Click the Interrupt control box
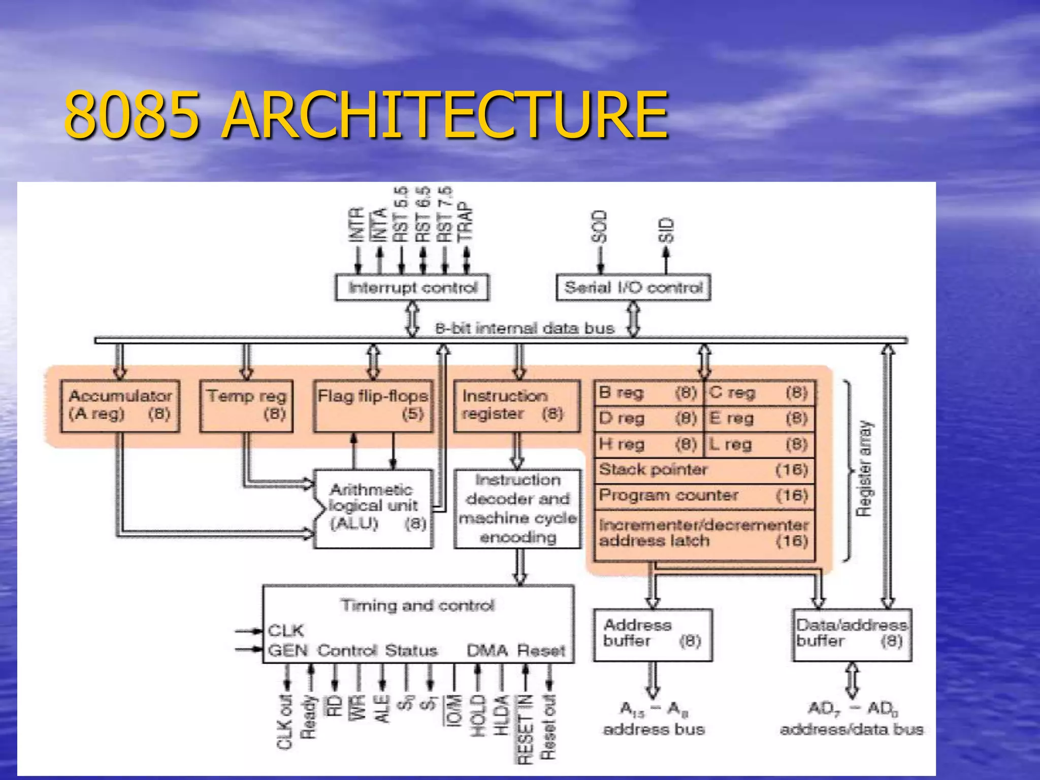412,288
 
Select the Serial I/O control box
633,288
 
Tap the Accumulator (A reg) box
120,406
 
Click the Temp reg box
246,406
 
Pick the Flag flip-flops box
373,406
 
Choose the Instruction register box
516,406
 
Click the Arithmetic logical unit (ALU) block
374,508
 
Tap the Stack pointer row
704,470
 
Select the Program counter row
704,496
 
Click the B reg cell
648,393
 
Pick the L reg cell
759,445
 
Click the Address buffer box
653,635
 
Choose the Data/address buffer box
852,635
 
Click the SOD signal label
600,226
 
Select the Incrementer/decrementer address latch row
704,533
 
